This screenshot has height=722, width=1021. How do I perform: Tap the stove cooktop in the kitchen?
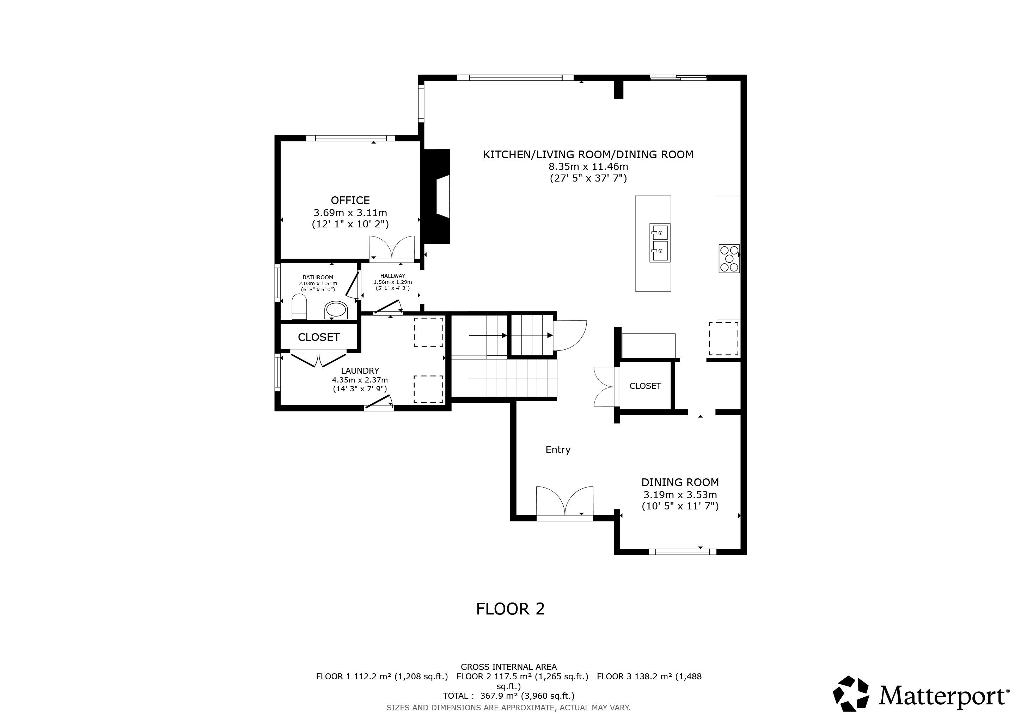[729, 258]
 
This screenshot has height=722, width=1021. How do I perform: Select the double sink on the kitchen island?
[660, 243]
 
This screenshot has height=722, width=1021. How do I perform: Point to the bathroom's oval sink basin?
[336, 310]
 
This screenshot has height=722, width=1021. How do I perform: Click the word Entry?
[558, 449]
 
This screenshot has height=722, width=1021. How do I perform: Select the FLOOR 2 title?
[510, 608]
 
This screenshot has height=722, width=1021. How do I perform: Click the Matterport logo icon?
[851, 694]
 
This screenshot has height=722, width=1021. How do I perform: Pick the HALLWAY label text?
[393, 276]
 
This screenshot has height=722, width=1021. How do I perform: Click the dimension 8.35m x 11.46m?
[588, 167]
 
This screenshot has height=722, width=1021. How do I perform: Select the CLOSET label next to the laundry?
[319, 337]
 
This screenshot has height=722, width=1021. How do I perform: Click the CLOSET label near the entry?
[645, 386]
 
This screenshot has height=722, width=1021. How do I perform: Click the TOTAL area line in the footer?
[509, 696]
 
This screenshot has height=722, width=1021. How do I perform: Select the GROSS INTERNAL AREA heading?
[509, 667]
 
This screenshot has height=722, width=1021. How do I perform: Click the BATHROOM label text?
[318, 277]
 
